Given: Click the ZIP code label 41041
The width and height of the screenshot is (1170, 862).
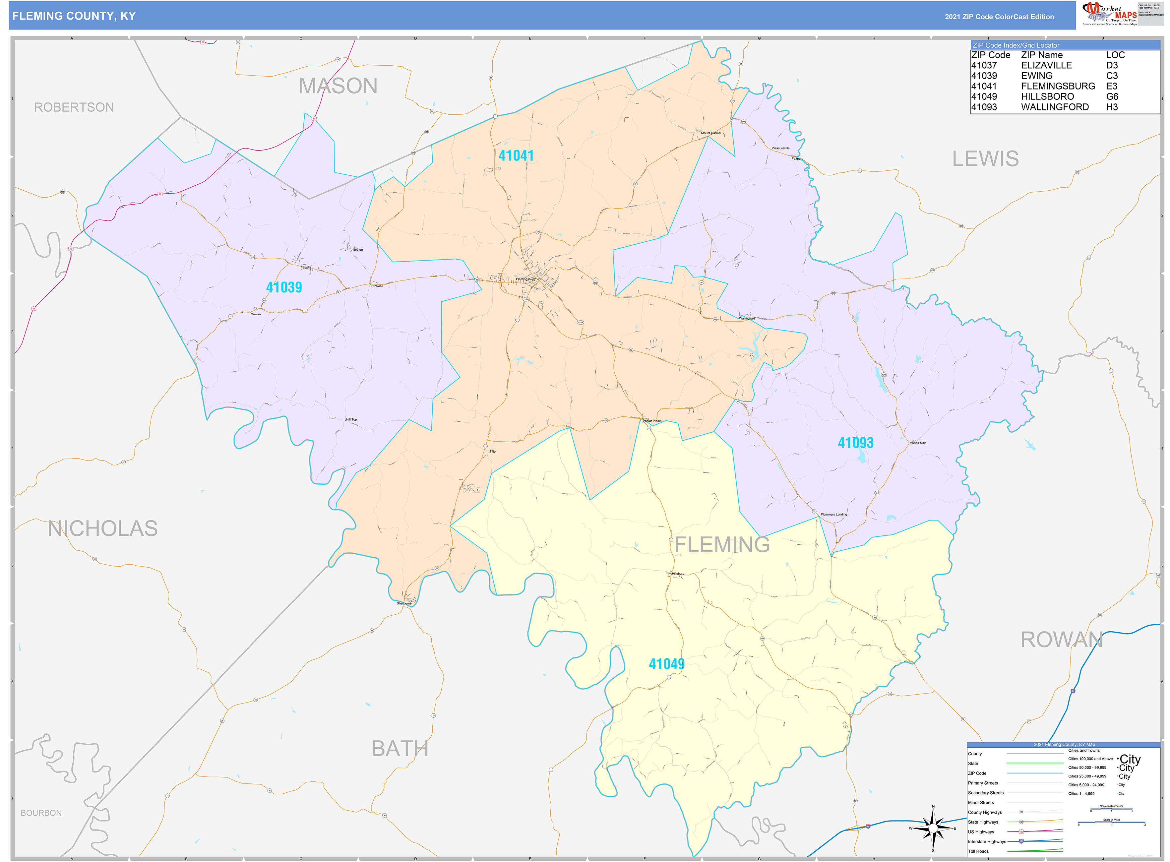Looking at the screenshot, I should pyautogui.click(x=516, y=155).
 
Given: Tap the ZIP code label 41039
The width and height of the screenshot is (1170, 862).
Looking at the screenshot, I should pyautogui.click(x=284, y=287).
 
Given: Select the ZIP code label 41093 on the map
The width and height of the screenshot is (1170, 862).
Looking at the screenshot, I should pyautogui.click(x=855, y=443).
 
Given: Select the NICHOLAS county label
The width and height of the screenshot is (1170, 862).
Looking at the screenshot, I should pyautogui.click(x=102, y=528).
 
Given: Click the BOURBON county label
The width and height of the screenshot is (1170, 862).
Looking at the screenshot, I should pyautogui.click(x=41, y=813).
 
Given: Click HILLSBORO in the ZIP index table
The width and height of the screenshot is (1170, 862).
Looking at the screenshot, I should pyautogui.click(x=1047, y=96).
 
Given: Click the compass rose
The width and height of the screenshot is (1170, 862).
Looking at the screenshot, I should pyautogui.click(x=933, y=828).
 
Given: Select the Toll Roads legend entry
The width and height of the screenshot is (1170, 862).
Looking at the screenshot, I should pyautogui.click(x=978, y=852).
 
